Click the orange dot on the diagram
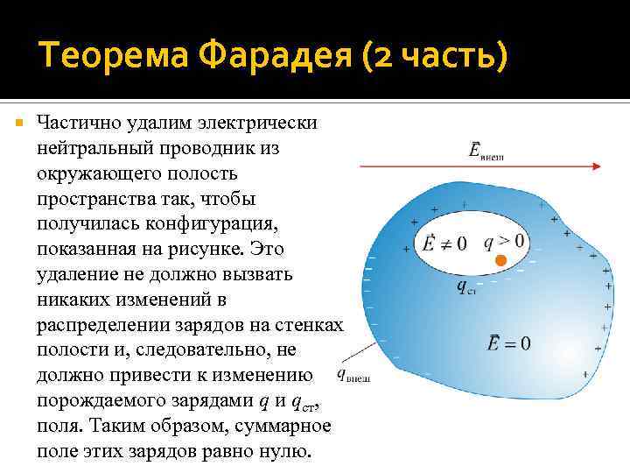[x=500, y=261]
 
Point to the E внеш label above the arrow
[x=486, y=152]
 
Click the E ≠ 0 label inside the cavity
[x=444, y=242]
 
